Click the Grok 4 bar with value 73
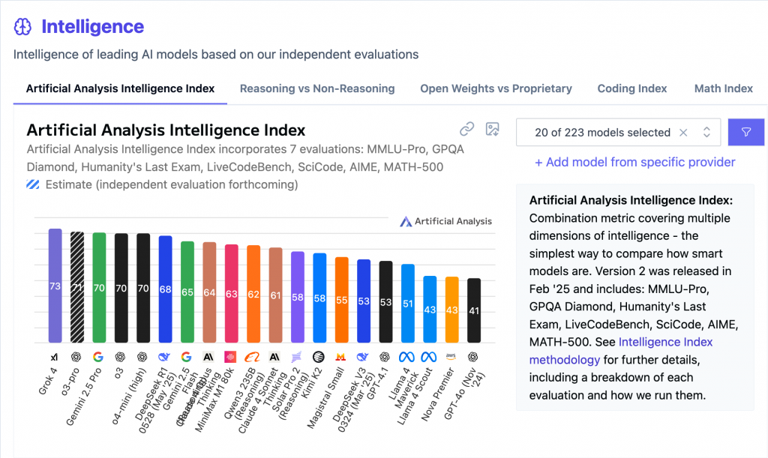tap(55, 286)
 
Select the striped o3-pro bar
tap(76, 287)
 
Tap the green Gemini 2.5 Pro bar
tap(98, 287)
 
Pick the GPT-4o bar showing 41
tap(473, 310)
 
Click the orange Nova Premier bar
tap(451, 310)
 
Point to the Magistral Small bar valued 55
tap(341, 300)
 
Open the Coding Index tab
tap(631, 88)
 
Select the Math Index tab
tap(723, 88)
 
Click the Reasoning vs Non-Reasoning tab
tap(316, 88)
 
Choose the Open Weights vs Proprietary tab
tap(496, 88)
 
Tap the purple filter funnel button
tap(746, 132)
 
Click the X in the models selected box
tap(683, 132)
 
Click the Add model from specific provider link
tap(634, 162)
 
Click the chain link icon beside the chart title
tap(467, 129)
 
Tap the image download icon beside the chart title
tap(492, 129)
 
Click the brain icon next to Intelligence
tap(23, 27)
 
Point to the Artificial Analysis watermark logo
tap(446, 221)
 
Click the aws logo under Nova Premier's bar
tap(451, 356)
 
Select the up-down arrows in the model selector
tap(706, 132)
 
